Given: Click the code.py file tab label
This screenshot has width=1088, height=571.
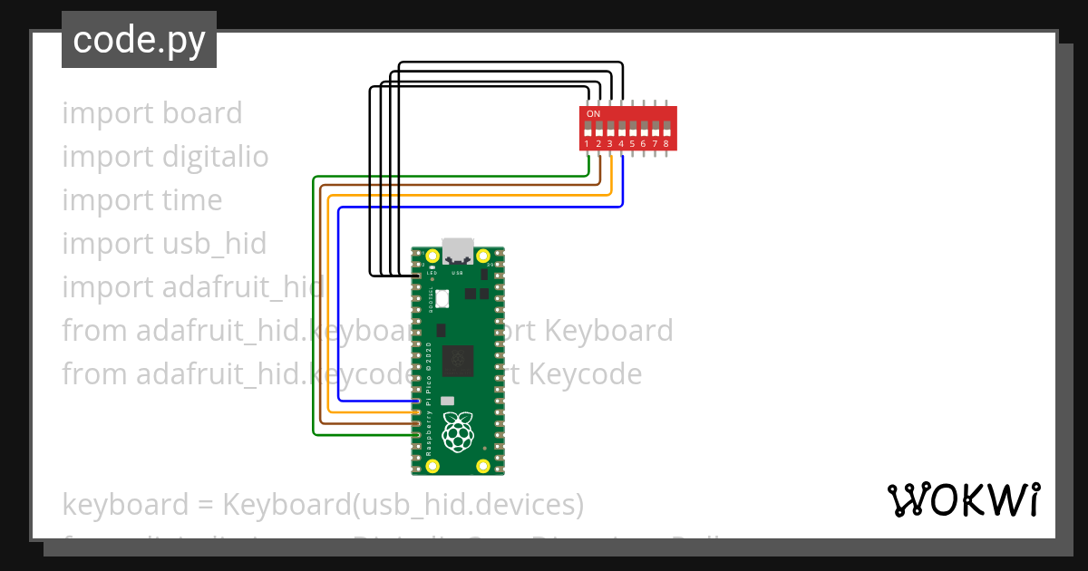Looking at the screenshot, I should point(139,40).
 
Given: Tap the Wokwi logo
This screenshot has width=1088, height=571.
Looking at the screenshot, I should point(963,499).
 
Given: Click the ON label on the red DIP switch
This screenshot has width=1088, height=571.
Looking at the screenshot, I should point(593,113).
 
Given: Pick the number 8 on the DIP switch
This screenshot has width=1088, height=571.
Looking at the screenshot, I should point(666,144).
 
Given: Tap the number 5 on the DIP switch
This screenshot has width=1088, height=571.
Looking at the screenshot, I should point(633,144).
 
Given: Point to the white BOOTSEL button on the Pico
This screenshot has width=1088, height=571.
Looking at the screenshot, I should point(443,298).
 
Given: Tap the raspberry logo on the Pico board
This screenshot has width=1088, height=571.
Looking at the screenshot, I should point(457,432).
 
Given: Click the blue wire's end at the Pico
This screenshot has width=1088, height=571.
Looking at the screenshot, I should point(416,401).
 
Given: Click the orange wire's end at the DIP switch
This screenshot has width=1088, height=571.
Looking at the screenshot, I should point(610,157).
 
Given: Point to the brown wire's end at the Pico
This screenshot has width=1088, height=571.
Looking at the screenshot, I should point(416,423).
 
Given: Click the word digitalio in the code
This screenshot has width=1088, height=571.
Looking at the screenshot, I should point(216,157).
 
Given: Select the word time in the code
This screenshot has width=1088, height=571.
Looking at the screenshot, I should point(190,200).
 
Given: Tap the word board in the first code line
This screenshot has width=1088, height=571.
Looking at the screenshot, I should point(202,113).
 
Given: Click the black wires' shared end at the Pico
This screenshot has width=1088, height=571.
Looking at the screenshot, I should point(416,275).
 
